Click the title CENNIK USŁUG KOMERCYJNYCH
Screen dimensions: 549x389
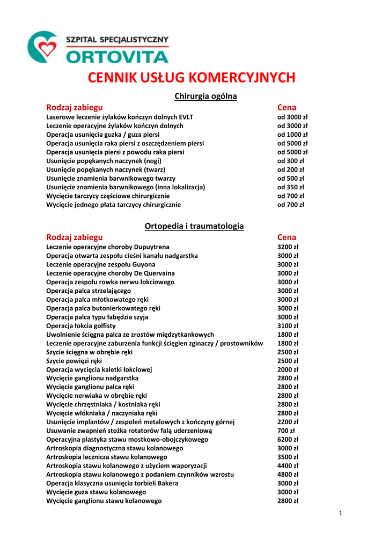[x=192, y=78]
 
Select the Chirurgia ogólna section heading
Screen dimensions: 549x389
[x=206, y=97]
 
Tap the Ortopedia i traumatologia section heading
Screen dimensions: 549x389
[x=194, y=226]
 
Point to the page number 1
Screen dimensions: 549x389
[x=340, y=514]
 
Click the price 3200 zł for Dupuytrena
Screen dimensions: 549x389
[x=288, y=247]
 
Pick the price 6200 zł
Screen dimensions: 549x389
[x=288, y=440]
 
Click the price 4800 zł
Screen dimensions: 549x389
[x=288, y=474]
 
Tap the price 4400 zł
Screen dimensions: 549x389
[x=288, y=466]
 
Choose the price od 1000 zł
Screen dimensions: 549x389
[x=292, y=135]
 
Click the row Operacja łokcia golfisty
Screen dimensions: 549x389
[x=81, y=326]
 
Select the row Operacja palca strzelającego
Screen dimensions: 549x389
[x=89, y=291]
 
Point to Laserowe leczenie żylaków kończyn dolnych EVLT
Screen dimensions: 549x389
[x=120, y=117]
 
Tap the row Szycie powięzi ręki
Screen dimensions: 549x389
[x=74, y=361]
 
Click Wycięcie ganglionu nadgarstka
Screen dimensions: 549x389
[x=92, y=379]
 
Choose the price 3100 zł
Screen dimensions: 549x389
[x=288, y=326]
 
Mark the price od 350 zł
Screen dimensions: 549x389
[x=290, y=187]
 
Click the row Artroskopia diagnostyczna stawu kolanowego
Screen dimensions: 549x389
[x=122, y=448]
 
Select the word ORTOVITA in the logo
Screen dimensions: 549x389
[x=118, y=56]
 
